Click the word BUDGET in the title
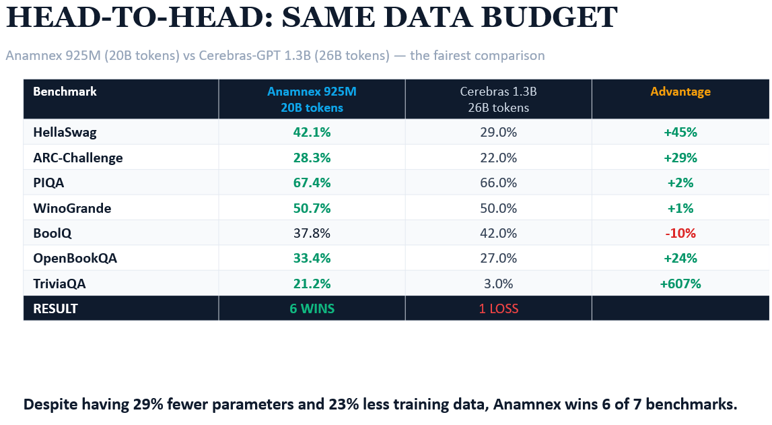point(549,18)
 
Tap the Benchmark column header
point(65,92)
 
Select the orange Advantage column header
point(680,92)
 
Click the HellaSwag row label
point(65,132)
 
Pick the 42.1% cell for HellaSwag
point(312,132)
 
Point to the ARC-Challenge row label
point(78,158)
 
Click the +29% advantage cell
point(680,158)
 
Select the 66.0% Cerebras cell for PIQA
point(498,183)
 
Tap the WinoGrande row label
point(72,208)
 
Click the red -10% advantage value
point(680,234)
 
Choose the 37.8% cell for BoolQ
point(312,234)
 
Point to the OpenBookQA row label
point(75,259)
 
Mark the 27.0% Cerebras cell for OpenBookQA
point(498,259)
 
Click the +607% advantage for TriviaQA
point(680,284)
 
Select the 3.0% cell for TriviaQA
point(498,284)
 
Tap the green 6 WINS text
point(312,308)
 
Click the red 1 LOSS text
point(498,308)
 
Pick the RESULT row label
point(55,308)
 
